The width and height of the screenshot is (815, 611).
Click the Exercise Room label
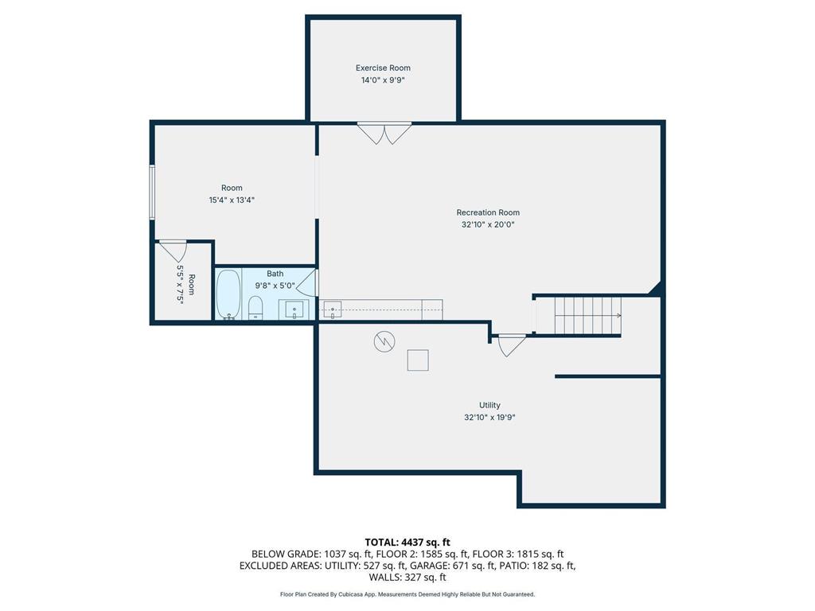[383, 68]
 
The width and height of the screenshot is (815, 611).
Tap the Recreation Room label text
[488, 212]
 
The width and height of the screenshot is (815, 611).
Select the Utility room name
[489, 405]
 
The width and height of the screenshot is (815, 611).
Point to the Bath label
[275, 274]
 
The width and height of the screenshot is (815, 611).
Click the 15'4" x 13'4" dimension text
[232, 200]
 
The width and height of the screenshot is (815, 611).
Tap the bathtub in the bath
[228, 294]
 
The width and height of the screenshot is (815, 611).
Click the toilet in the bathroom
[255, 307]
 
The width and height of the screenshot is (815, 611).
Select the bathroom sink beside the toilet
[294, 309]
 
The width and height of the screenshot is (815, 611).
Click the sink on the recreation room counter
[332, 309]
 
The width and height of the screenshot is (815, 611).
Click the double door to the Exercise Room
[384, 134]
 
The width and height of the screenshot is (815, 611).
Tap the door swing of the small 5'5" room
[173, 251]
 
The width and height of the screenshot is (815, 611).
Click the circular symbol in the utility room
[384, 341]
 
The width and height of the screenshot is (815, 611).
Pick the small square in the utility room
[418, 360]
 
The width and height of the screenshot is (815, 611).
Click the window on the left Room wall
[152, 193]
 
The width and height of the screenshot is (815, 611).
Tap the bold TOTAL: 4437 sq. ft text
[407, 543]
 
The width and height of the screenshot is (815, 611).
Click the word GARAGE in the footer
[429, 566]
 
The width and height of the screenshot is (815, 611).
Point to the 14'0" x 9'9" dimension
[383, 80]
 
